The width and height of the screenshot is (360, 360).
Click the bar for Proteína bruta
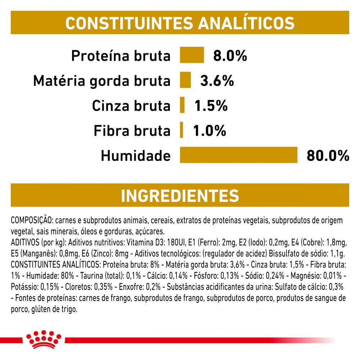[x=192, y=55]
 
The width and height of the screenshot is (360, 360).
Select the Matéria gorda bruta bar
[x=185, y=80]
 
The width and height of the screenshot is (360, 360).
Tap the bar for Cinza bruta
[x=182, y=105]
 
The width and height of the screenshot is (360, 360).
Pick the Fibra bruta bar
[x=181, y=130]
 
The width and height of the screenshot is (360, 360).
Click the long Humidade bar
[x=239, y=155]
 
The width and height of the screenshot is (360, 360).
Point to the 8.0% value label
[x=230, y=56]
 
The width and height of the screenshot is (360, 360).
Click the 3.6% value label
[x=217, y=81]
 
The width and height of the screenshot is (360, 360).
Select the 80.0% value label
[x=328, y=156]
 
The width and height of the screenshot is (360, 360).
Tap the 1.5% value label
[x=211, y=106]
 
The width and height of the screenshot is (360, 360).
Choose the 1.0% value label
[x=210, y=131]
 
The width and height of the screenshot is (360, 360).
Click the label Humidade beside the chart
[x=135, y=156]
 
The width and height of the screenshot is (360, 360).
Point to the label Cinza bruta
[x=131, y=106]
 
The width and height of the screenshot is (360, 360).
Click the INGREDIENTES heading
[x=180, y=195]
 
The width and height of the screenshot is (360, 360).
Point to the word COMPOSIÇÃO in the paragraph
[x=32, y=220]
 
